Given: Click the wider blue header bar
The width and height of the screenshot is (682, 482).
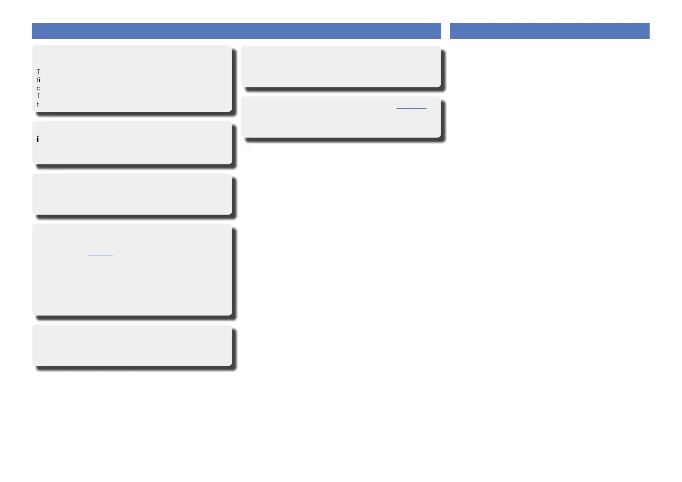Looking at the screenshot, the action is point(236,31).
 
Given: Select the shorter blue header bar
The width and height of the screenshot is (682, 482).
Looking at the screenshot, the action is point(549,31).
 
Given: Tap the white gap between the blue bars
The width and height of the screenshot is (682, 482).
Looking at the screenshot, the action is point(445,31).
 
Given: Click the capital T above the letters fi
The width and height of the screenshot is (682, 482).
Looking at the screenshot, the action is point(38,72).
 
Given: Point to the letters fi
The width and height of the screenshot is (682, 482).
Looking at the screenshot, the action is point(38,80).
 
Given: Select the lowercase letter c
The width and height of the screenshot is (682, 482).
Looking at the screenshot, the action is point(38,89).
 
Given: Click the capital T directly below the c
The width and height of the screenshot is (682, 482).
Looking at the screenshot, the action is point(38,96).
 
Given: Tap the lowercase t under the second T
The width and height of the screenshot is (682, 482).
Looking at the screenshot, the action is point(38,104).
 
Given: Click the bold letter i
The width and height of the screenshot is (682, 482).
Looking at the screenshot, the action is point(38,139).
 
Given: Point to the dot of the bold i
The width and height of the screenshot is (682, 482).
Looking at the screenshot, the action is point(38,136).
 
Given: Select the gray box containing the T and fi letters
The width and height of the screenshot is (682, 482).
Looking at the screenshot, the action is point(132,79).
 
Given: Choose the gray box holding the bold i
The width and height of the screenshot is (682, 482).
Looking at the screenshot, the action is point(132,142).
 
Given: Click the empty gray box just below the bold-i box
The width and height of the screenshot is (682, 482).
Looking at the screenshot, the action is point(132,194).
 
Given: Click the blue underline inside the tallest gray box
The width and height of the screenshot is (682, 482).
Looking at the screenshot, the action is point(100,255).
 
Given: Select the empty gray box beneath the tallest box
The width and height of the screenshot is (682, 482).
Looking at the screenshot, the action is point(132,345).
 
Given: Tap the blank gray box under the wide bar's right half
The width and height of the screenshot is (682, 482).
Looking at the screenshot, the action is point(341,66).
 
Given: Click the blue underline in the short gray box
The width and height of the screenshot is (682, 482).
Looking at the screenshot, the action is point(411,108).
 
